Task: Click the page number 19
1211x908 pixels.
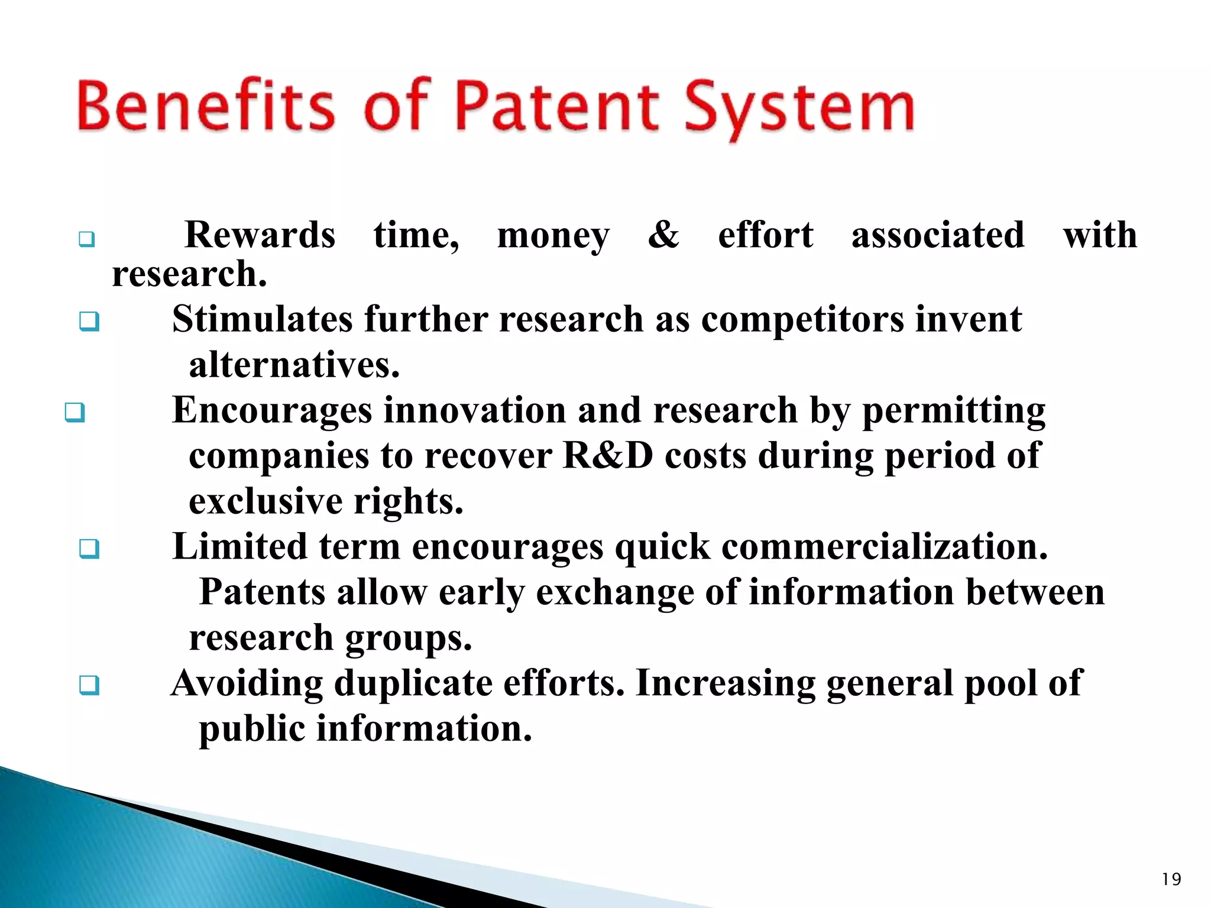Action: (1171, 880)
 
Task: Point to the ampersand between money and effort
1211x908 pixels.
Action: (663, 235)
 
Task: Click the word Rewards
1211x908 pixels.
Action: (260, 235)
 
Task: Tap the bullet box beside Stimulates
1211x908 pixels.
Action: (89, 322)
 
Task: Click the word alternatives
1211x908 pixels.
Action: (294, 365)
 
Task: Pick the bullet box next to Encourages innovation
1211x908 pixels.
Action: (75, 413)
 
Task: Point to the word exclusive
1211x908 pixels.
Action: (265, 501)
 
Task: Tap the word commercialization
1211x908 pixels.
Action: (884, 546)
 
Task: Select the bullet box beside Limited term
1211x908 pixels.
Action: (89, 549)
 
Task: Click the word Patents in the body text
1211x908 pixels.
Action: (263, 592)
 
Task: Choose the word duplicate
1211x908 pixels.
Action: (413, 683)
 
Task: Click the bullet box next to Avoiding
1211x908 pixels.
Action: (89, 686)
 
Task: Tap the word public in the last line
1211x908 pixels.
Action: (251, 728)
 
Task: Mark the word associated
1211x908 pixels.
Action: (938, 235)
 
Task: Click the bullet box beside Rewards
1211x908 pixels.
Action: (87, 240)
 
